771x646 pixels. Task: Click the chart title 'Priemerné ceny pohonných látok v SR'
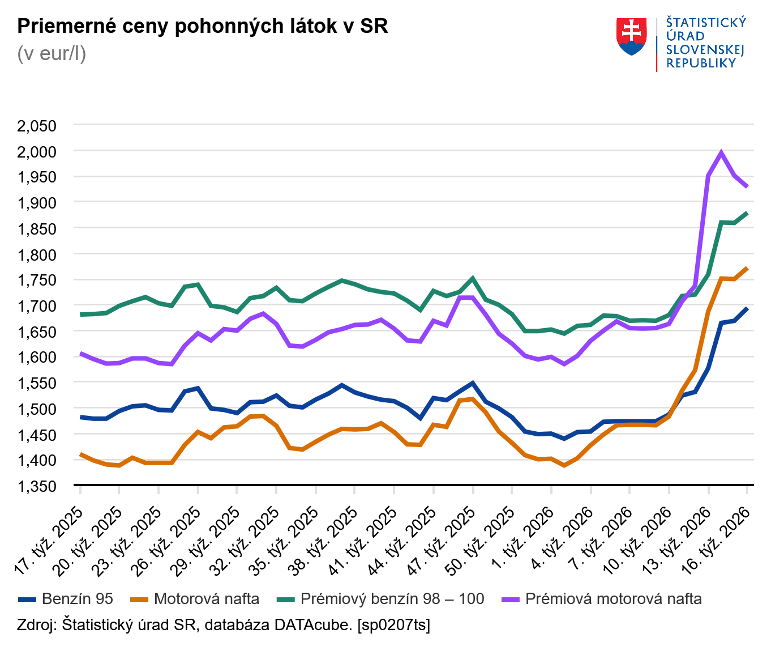point(203,26)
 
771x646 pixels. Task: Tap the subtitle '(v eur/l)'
point(52,53)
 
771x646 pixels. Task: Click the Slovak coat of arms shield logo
point(631,36)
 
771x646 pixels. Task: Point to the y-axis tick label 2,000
point(37,151)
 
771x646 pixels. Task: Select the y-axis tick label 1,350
point(37,486)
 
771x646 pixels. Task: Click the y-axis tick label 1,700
point(37,306)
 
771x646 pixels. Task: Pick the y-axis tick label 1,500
point(37,409)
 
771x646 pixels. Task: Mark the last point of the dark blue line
point(747,309)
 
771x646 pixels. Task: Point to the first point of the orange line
point(81,454)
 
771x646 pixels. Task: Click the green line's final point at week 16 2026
point(747,213)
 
